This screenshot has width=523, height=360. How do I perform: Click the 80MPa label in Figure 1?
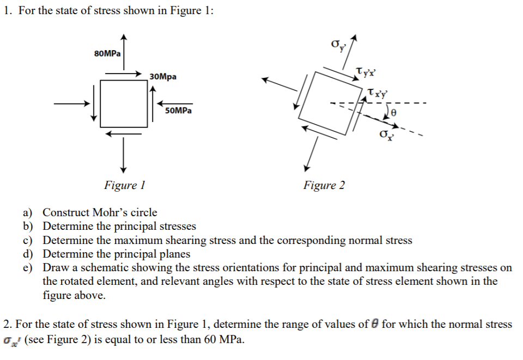(x=107, y=53)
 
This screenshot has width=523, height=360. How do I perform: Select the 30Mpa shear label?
(x=163, y=77)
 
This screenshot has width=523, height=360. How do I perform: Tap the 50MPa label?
(x=178, y=111)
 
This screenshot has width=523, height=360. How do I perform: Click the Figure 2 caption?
(x=324, y=185)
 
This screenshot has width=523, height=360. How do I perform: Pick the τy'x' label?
(x=365, y=72)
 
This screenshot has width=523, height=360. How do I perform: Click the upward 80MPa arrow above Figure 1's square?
(x=124, y=52)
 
